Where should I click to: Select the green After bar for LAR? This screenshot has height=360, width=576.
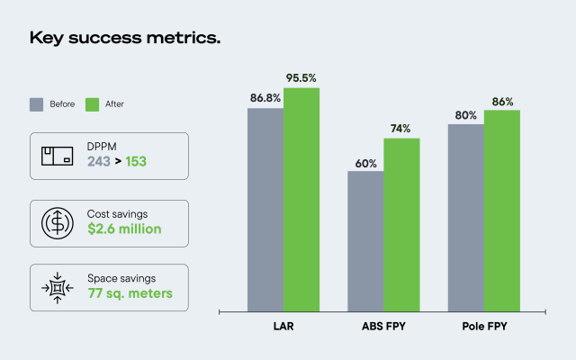301,199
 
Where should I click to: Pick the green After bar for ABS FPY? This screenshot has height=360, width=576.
401,224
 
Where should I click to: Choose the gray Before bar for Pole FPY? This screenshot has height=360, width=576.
465,217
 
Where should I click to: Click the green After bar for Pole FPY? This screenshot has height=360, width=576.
501,211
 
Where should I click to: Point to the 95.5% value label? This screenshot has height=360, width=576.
302,78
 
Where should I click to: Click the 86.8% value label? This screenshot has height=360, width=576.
265,98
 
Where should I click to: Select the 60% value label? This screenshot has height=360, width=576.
365,162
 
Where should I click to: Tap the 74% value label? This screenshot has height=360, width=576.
401,129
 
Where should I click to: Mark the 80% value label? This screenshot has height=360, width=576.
465,115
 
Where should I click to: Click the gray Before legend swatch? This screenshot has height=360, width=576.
36,103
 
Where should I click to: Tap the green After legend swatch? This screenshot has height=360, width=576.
91,103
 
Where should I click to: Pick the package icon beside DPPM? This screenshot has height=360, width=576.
55,156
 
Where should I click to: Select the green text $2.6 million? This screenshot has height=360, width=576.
124,229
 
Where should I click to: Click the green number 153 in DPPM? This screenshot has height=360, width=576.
136,163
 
